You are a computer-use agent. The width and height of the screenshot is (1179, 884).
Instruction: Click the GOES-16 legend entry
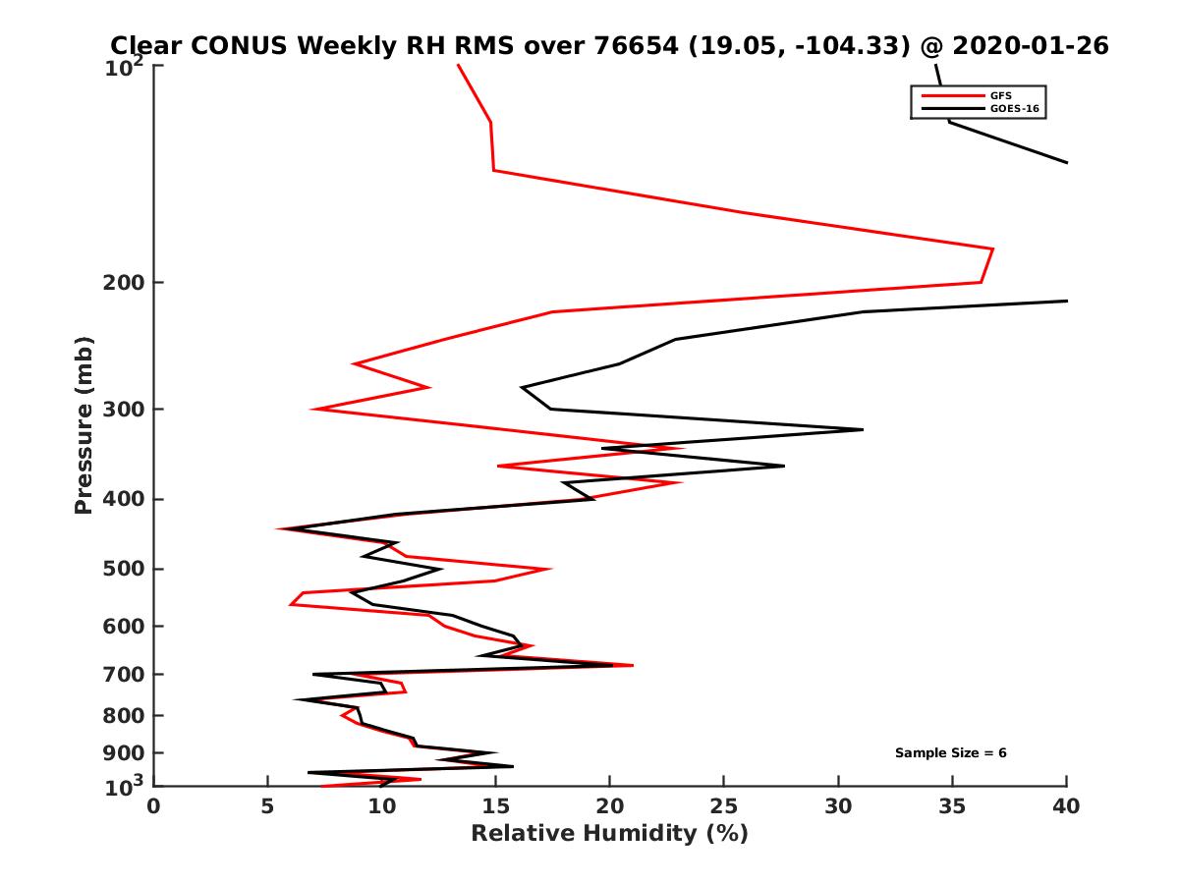point(1012,109)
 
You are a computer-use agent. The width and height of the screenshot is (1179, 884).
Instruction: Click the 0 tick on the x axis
point(153,806)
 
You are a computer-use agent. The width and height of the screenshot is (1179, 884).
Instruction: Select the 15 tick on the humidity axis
point(495,806)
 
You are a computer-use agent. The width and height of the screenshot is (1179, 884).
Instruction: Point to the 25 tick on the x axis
point(724,806)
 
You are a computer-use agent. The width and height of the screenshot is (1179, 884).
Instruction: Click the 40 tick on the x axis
point(1066,806)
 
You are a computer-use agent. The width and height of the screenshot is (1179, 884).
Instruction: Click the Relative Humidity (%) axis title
point(609,834)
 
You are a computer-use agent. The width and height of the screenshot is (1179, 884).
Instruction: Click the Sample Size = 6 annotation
point(950,753)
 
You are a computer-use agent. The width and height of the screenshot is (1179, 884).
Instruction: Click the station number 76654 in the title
point(644,45)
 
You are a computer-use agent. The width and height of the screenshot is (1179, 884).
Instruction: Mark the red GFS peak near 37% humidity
point(992,249)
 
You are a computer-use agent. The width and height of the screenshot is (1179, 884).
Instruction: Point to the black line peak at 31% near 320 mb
point(862,429)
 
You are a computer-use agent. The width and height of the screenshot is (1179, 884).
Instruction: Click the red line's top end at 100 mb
point(458,66)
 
